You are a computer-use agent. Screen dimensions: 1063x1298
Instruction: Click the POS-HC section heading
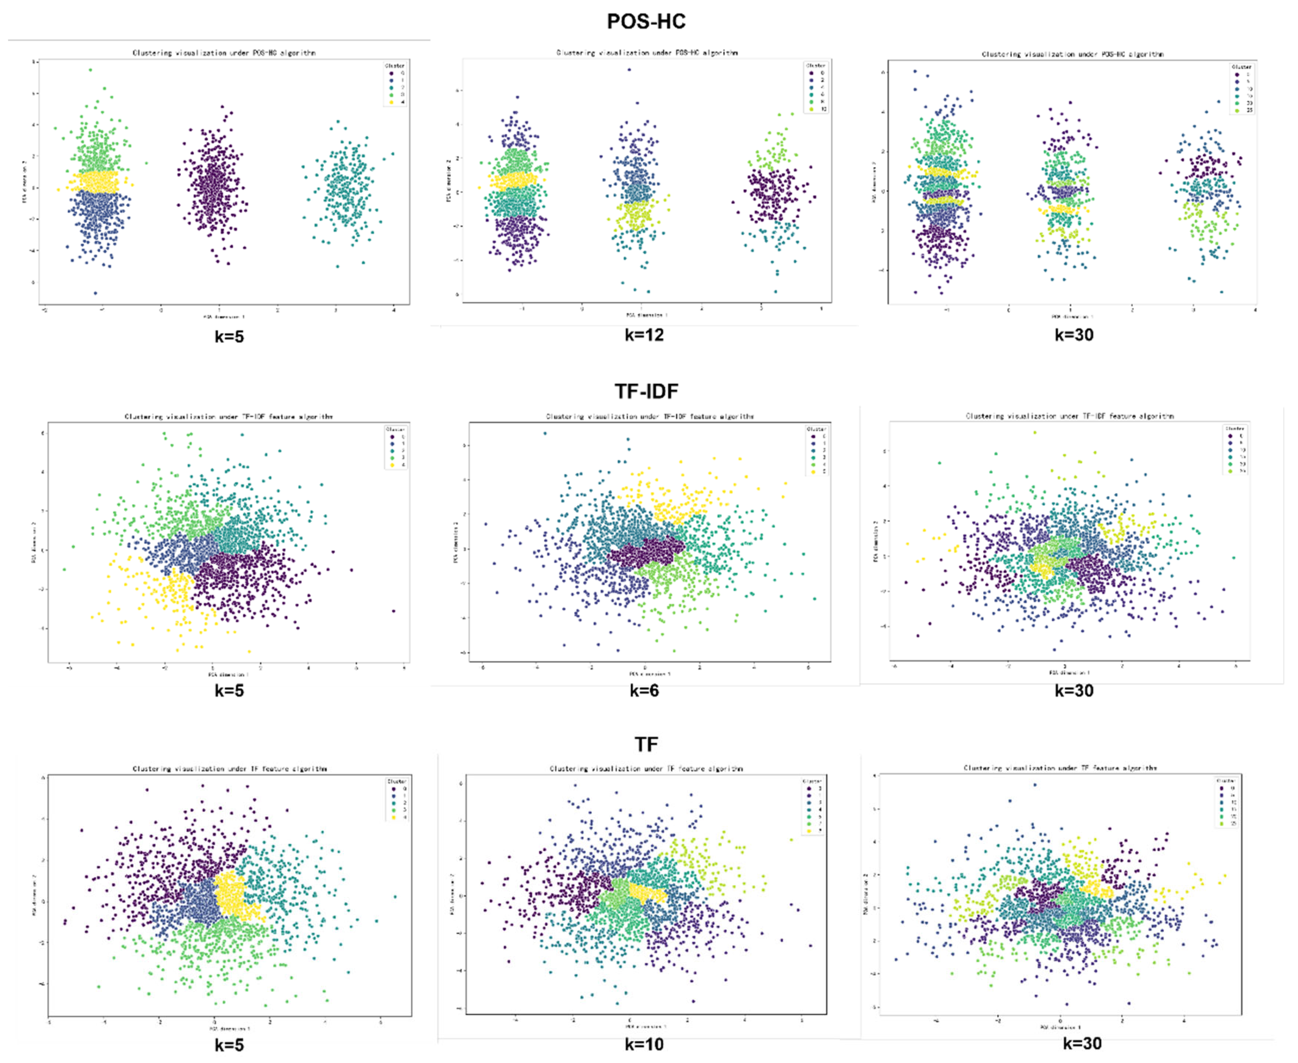(x=646, y=22)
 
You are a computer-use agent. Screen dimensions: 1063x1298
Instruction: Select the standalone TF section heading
(x=646, y=744)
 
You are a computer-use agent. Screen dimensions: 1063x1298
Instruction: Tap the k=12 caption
(x=644, y=335)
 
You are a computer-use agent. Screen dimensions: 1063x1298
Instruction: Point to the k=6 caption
(x=644, y=691)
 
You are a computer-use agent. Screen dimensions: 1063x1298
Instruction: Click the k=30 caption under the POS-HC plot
(x=1074, y=335)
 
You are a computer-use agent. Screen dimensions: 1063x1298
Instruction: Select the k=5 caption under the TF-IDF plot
(x=229, y=691)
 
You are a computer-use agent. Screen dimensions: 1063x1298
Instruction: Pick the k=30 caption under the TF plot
(x=1081, y=1043)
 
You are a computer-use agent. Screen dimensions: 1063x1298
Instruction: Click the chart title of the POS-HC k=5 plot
(x=224, y=53)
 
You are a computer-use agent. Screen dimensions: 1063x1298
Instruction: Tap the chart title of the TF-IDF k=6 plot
(x=650, y=417)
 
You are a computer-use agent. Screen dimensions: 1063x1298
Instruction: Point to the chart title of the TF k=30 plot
(x=1060, y=768)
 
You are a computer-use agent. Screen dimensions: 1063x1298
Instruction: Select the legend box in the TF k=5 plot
(x=397, y=799)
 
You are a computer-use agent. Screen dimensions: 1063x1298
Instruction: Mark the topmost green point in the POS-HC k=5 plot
(x=91, y=70)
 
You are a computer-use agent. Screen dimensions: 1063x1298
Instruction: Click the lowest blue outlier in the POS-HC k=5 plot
(x=95, y=293)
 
